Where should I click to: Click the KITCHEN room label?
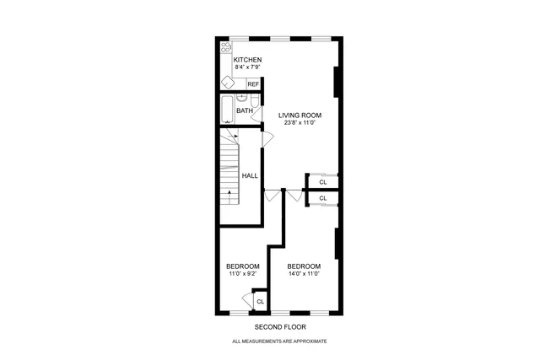247,60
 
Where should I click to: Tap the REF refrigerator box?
253,84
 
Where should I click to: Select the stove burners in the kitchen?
225,48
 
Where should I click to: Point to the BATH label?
244,110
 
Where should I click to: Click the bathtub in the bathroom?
225,110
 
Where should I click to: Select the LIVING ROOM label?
300,116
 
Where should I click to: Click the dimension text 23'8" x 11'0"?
300,123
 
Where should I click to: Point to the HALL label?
251,175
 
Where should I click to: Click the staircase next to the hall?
229,173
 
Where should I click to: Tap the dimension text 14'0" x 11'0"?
303,273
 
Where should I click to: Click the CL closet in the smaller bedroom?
260,301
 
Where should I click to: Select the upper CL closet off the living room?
323,181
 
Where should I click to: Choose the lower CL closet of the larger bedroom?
323,198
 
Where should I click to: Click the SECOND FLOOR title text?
279,326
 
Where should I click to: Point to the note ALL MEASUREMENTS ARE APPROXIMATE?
279,341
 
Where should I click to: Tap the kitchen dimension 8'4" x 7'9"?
247,67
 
